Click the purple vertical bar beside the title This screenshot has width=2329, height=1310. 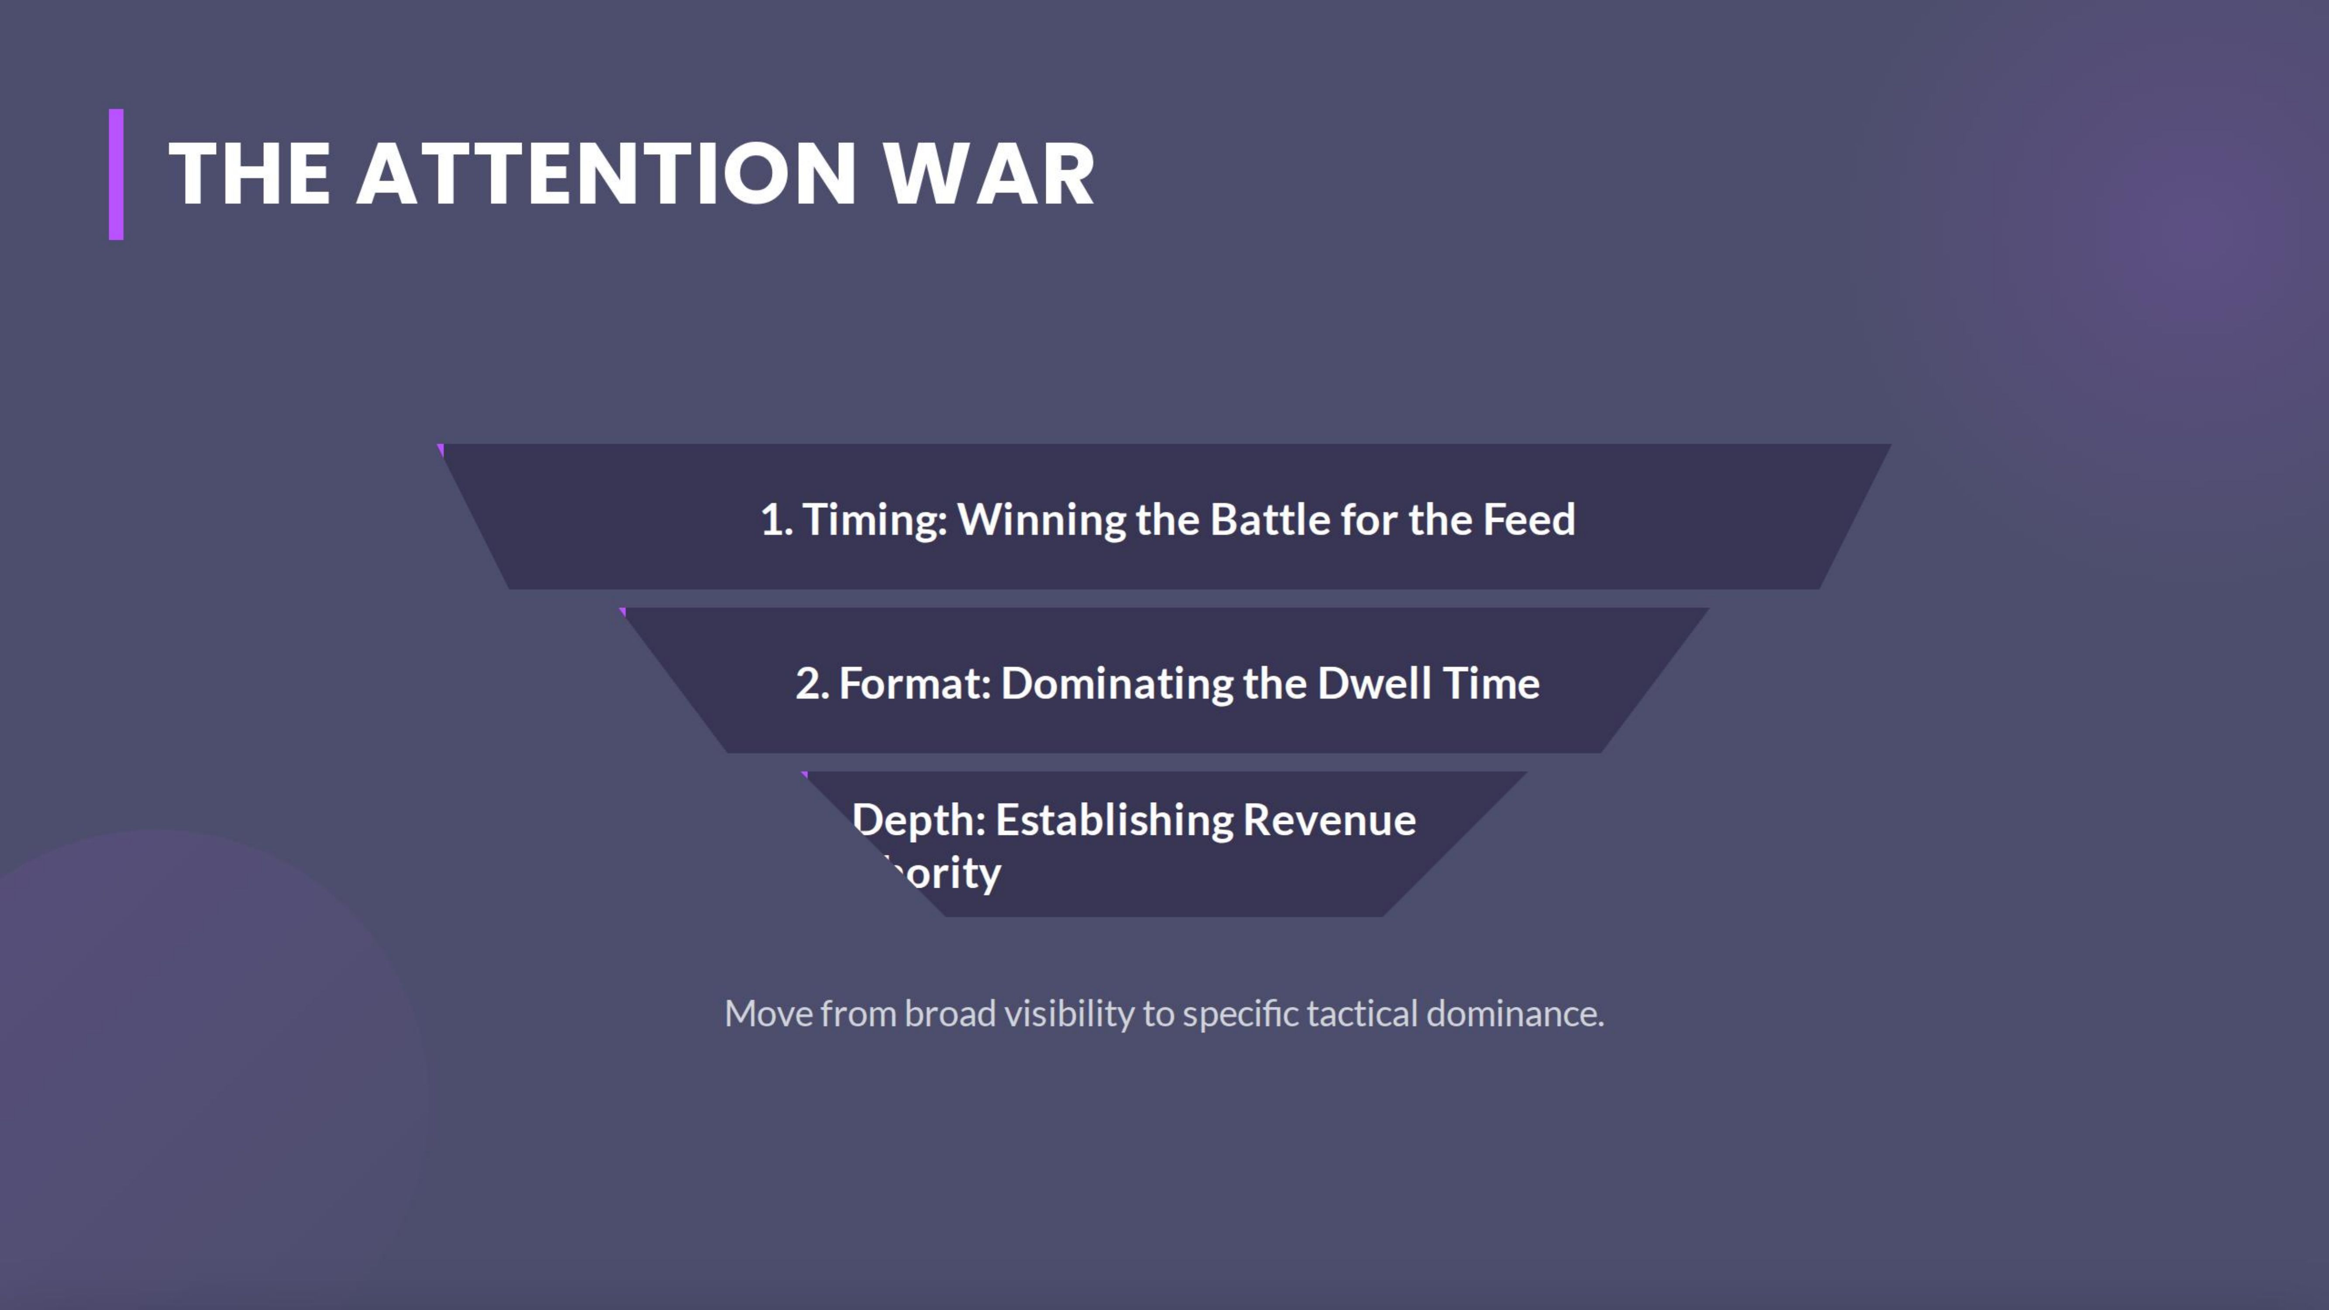tap(116, 175)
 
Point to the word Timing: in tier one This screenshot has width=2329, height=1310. tap(874, 520)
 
